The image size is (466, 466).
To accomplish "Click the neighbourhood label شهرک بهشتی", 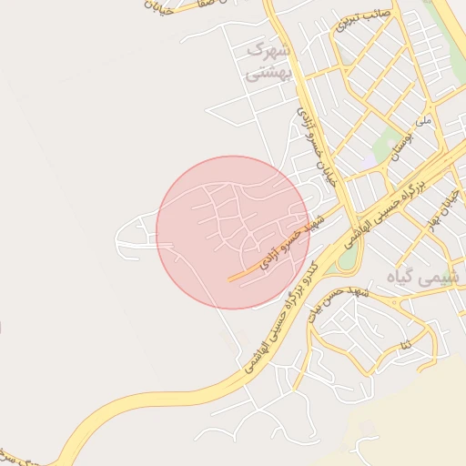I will coord(271,61).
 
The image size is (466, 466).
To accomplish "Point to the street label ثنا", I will coord(405,343).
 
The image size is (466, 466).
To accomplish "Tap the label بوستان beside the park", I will coord(402,145).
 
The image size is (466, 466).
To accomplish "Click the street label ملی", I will coord(422,119).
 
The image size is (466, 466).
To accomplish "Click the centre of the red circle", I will coord(233,232).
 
